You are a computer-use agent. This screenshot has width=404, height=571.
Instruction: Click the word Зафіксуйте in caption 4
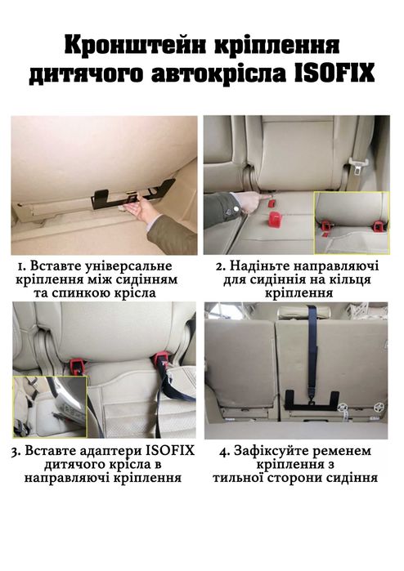[281, 451]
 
